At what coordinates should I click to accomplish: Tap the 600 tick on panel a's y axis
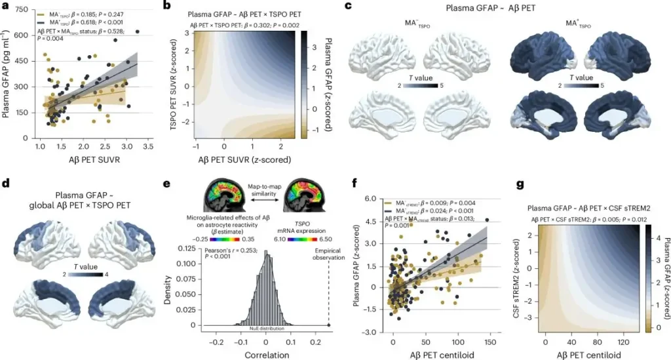23,35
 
